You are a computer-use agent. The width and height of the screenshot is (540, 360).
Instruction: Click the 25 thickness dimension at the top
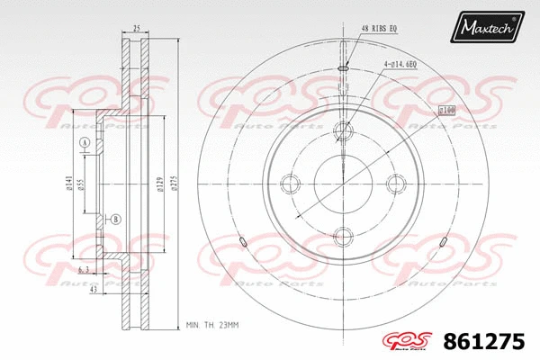pos(135,30)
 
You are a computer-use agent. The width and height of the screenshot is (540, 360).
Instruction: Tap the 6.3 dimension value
pos(83,270)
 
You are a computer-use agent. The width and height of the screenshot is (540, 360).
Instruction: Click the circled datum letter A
pos(85,145)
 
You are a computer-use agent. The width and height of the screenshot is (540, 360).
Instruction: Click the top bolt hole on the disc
pos(344,131)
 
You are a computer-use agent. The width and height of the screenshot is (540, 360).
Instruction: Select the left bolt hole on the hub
pos(291,184)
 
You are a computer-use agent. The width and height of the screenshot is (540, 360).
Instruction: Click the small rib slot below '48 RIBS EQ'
pos(344,68)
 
